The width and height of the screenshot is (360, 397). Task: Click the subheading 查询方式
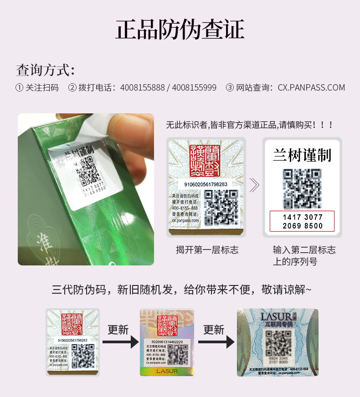(45, 70)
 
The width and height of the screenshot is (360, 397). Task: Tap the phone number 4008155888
(142, 87)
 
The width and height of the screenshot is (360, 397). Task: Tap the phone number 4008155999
(194, 87)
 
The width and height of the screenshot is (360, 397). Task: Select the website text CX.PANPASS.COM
(311, 87)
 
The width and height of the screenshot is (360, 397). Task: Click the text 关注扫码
(42, 87)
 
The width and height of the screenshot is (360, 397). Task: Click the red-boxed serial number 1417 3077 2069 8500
(302, 221)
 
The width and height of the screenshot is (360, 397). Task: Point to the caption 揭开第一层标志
(207, 249)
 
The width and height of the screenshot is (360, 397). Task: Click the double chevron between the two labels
(254, 185)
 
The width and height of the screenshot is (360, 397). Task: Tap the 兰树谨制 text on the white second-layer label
(302, 155)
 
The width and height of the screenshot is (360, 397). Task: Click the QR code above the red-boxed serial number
(302, 188)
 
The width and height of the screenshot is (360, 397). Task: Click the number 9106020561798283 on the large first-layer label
(206, 184)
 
